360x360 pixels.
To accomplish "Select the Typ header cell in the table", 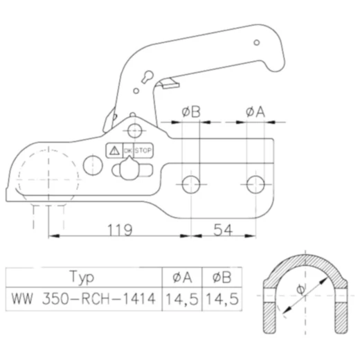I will tap(82, 278).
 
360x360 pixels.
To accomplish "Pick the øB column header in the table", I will tap(218, 278).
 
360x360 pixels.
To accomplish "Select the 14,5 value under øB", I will tap(218, 300).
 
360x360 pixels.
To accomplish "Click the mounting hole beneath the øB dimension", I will tap(190, 183).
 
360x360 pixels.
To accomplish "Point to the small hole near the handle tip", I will tap(256, 43).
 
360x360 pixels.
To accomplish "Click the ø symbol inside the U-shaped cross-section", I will tap(300, 289).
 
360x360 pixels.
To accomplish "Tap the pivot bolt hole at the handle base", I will tap(135, 128).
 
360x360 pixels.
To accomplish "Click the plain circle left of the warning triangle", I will tap(91, 163).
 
